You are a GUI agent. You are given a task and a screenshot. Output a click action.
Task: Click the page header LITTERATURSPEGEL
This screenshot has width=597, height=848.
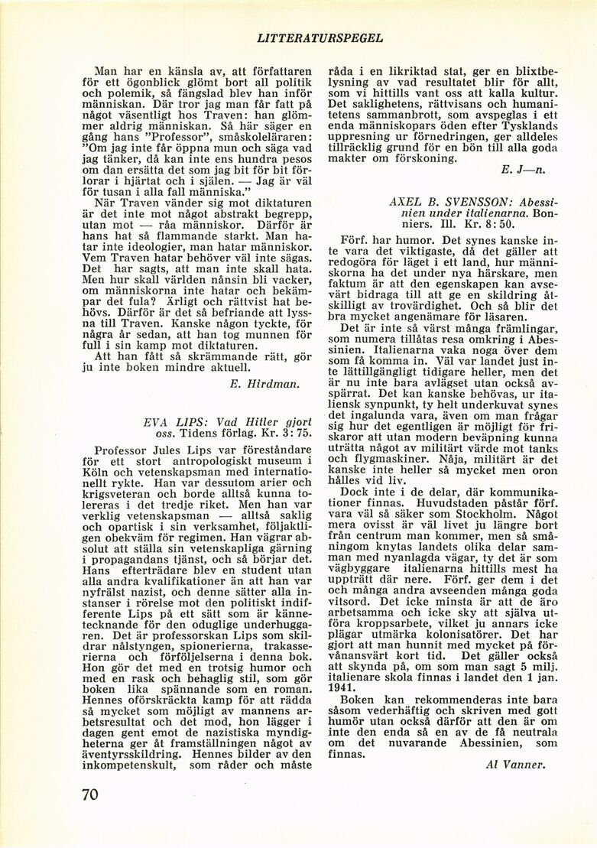point(320,37)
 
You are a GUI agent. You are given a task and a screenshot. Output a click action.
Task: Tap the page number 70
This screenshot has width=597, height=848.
point(89,794)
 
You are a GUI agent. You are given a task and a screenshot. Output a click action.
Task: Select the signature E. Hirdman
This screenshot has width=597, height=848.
point(264,383)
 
